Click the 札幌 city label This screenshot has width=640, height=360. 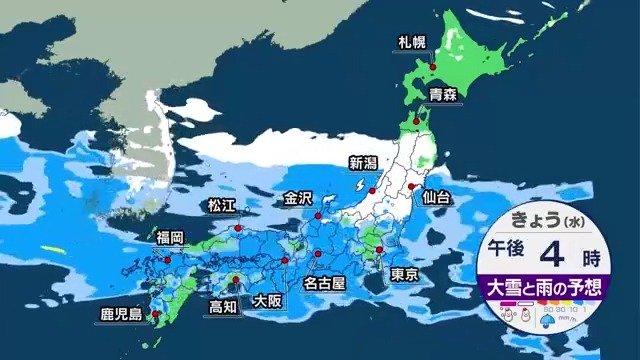411,43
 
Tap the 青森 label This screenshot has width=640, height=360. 443,96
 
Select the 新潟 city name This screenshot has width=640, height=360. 362,162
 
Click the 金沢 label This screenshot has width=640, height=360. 298,197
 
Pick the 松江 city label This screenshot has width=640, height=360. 220,205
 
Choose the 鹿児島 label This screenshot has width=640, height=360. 121,315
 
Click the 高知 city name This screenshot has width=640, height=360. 222,306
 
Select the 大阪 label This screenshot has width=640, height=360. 267,299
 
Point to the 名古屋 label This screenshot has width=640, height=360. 324,283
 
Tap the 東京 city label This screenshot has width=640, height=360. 404,274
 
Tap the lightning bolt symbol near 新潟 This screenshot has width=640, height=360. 357,186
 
